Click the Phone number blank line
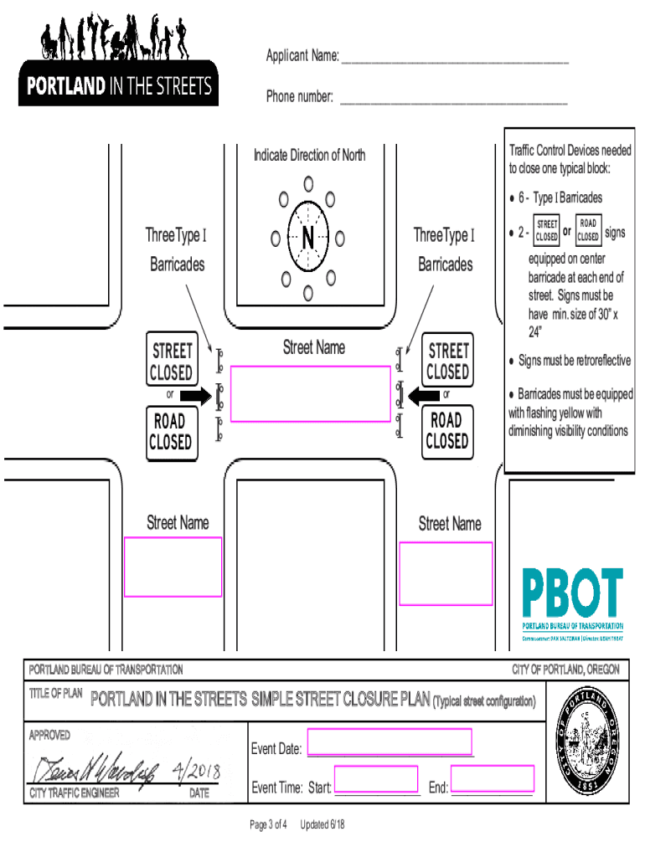click(x=452, y=99)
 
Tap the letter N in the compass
click(x=308, y=239)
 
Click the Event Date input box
click(x=390, y=742)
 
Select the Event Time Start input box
click(x=376, y=779)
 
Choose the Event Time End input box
click(x=493, y=779)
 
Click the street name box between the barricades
click(x=310, y=393)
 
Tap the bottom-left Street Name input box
click(x=173, y=567)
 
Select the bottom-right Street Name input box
click(x=446, y=573)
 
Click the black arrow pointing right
click(x=196, y=395)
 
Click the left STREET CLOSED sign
click(x=172, y=361)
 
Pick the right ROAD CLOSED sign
click(x=446, y=431)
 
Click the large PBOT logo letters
click(x=573, y=593)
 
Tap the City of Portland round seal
click(x=588, y=737)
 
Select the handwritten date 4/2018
click(x=192, y=768)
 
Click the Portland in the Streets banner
click(x=118, y=86)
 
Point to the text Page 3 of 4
click(x=269, y=824)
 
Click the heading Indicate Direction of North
click(x=309, y=155)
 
